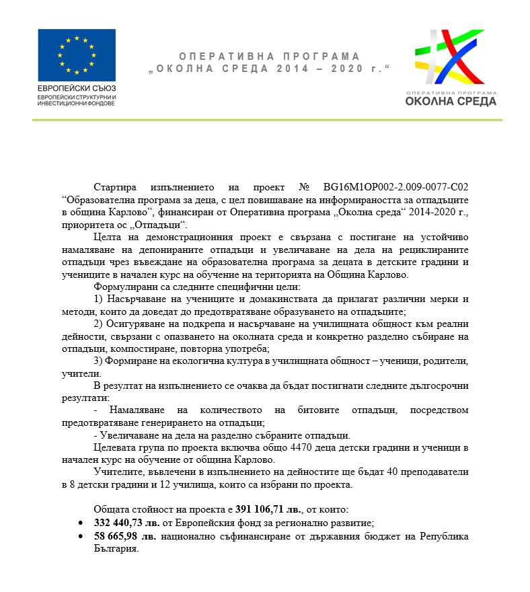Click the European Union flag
(76, 54)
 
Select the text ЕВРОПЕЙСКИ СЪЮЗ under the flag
(77, 88)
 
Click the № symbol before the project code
(304, 187)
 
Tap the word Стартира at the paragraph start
(116, 187)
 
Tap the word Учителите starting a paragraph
(117, 472)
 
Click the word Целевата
(115, 447)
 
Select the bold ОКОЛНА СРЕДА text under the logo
(451, 102)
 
